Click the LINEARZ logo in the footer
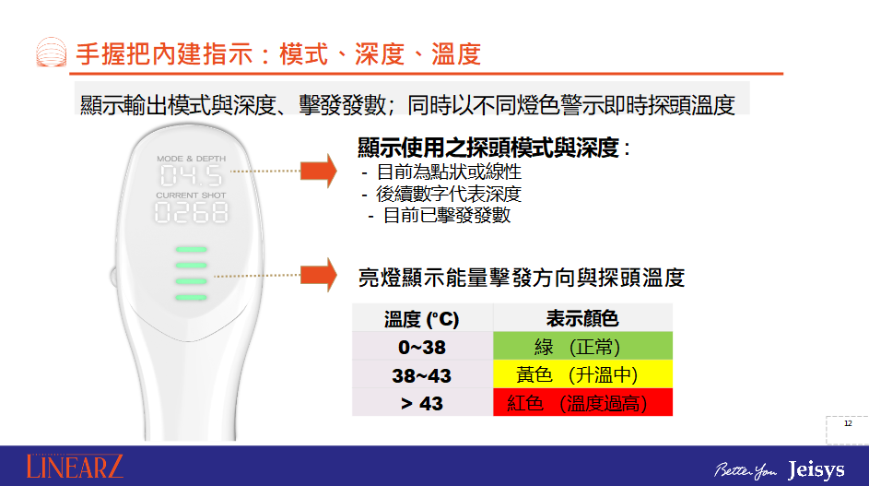click(75, 467)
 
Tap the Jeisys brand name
click(816, 470)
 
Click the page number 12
click(848, 423)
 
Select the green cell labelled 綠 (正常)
click(583, 346)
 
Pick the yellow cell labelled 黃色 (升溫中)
click(583, 374)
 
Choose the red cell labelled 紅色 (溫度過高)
click(583, 402)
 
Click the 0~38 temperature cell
click(422, 347)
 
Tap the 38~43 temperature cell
click(422, 375)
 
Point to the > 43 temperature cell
click(422, 403)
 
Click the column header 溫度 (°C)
click(422, 319)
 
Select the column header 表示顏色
click(583, 318)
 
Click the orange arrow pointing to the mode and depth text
click(319, 171)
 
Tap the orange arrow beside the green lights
click(319, 275)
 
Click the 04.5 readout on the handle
click(191, 176)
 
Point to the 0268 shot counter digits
click(191, 212)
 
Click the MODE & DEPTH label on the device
click(191, 159)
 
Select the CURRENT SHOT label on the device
click(191, 196)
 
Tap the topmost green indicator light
click(191, 250)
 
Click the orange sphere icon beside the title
click(52, 53)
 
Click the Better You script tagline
click(746, 470)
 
